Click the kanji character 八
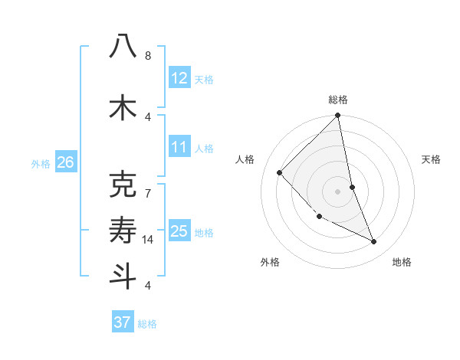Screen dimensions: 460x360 coord(123,47)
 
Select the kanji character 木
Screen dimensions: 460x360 coord(123,107)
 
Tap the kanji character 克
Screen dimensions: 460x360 coord(123,185)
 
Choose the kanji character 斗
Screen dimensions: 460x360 coord(123,276)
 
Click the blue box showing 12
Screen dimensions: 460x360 coord(179,78)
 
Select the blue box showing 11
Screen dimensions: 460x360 coord(179,147)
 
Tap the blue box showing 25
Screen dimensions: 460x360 coord(179,231)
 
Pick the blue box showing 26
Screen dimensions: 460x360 coord(66,162)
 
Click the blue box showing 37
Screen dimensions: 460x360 coord(123,322)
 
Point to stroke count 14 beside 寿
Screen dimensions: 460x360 coord(149,240)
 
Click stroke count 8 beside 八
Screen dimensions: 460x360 coord(148,56)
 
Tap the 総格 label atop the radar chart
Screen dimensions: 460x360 coord(338,100)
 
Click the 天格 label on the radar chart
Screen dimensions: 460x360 coord(431,159)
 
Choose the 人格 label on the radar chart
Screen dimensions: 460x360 coord(245,159)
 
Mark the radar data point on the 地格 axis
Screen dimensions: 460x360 coord(374,242)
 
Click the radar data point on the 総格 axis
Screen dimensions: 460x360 coord(338,116)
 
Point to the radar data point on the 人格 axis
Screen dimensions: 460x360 coord(280,172)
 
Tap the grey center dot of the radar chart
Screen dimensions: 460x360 coord(338,191)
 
